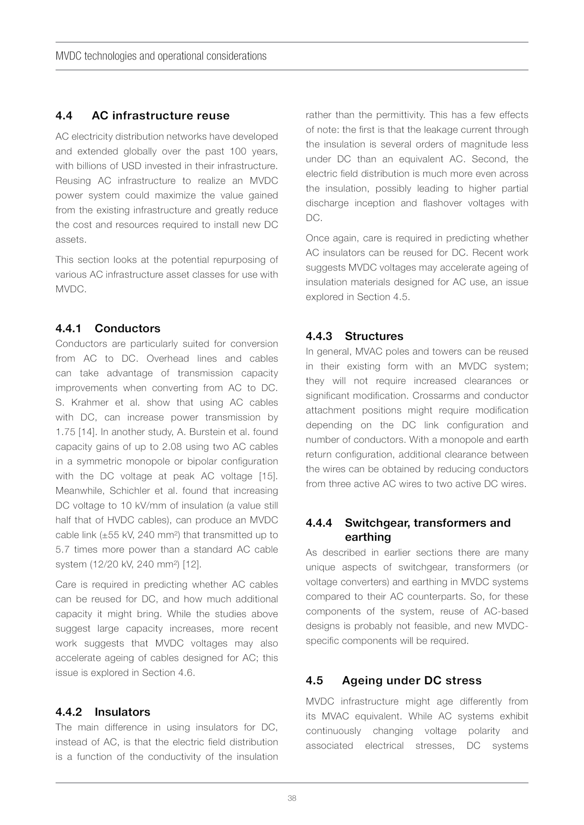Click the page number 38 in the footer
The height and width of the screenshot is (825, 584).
point(292,798)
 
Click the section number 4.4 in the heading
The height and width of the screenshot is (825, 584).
point(64,116)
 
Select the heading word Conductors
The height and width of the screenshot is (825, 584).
point(127,328)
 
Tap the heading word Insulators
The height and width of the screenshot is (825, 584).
point(122,712)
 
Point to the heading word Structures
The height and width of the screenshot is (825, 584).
point(374,336)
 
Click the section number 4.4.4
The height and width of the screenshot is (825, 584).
point(319,522)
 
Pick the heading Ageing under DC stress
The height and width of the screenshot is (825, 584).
point(411,680)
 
